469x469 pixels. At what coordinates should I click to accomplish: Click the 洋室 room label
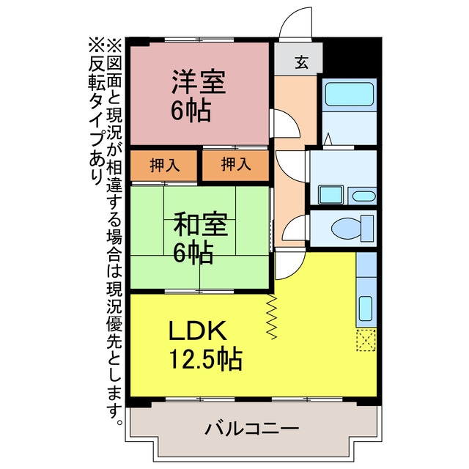coord(199,81)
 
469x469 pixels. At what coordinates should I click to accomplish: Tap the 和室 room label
coord(201,224)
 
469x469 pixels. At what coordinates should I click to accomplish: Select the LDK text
coord(197,330)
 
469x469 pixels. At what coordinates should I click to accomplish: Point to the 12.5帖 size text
coord(206,358)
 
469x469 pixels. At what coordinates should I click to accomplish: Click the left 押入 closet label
coord(164,165)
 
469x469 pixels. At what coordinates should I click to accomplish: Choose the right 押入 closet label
coord(236,164)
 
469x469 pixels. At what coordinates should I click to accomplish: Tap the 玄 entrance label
coord(301,62)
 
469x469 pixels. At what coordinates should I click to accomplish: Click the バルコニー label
coord(252,429)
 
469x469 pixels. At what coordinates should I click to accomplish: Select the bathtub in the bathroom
coord(349,95)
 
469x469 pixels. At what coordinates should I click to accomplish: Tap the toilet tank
coord(368,229)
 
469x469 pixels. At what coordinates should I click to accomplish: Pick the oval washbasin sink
coord(363,196)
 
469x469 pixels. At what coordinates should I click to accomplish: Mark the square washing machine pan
coord(330,195)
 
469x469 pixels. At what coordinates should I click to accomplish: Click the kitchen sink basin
coord(365,309)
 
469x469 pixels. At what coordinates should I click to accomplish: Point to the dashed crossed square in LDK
coord(366,340)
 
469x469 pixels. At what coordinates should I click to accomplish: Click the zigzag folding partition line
coord(272,317)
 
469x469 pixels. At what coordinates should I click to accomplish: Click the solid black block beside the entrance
coord(352,59)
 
